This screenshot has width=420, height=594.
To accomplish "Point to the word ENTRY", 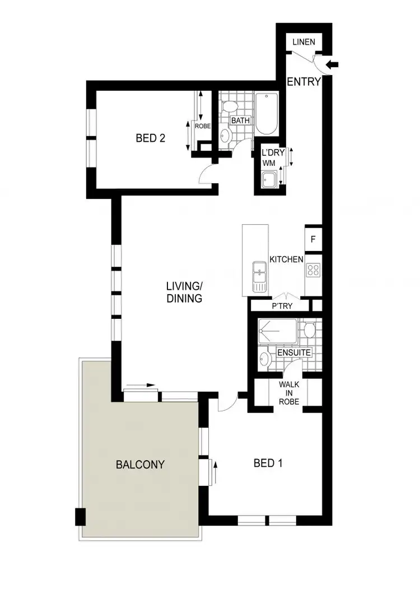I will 304,82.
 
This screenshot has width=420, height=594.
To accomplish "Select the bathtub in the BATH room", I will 267,114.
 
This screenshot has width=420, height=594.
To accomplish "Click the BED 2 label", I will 150,138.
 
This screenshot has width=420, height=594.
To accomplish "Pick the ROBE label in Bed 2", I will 202,127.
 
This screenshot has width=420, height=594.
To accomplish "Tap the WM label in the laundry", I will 269,163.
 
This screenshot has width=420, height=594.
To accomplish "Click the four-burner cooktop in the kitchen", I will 313,270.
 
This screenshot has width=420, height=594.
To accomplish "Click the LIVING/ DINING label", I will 184,293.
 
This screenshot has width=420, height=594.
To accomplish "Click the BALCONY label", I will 140,465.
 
